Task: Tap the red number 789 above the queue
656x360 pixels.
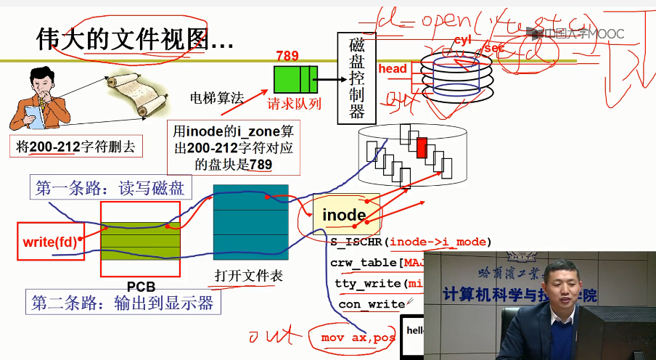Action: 287,56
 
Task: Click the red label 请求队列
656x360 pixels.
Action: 294,104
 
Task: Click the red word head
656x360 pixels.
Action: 393,69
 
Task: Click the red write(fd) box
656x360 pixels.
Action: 49,241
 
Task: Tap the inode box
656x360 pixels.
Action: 344,215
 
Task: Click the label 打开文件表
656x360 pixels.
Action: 248,276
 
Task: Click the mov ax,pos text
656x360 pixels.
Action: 358,337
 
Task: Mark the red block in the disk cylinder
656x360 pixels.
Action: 422,144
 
